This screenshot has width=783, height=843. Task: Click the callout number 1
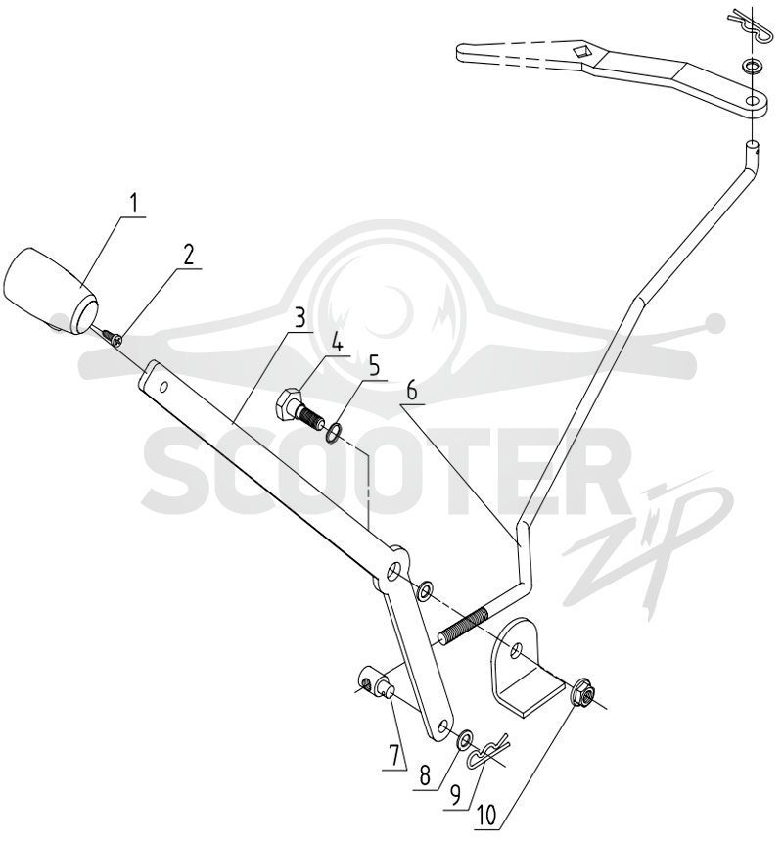134,205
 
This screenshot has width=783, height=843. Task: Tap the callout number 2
188,256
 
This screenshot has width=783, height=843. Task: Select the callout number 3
299,318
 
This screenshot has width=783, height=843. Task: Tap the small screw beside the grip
114,338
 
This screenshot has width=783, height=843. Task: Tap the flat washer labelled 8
464,741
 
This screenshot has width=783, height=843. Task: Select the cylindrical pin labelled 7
375,680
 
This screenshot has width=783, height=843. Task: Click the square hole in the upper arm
582,52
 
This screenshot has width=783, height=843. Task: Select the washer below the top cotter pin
751,68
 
